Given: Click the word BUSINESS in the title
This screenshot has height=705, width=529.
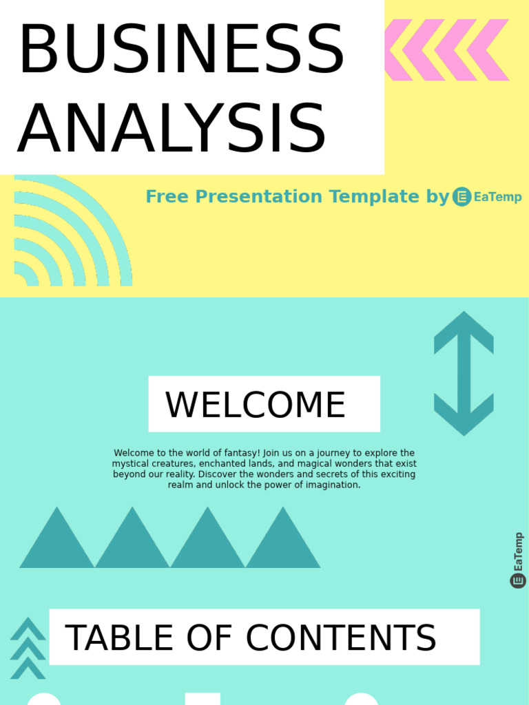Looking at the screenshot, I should tap(180, 50).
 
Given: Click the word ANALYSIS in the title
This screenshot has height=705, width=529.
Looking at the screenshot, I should tap(172, 129).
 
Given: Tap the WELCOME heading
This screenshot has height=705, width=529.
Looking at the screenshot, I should tap(256, 405).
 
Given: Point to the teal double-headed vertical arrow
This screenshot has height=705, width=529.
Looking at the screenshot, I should tap(464, 373).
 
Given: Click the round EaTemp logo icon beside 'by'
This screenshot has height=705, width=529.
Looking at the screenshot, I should tap(461, 197).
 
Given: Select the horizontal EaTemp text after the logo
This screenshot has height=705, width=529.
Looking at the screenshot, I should tap(498, 198).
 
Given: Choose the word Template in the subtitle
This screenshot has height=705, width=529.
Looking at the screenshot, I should tap(374, 197).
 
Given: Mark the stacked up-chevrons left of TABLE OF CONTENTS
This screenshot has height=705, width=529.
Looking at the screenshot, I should tap(28, 649).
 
